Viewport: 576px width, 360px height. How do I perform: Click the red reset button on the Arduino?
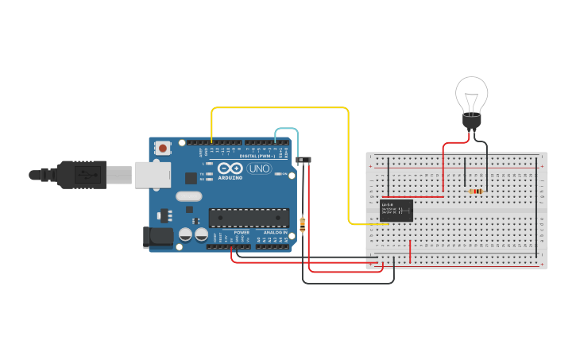163,147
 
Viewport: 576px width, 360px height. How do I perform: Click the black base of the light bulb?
472,122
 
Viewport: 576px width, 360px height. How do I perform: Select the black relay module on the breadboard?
396,211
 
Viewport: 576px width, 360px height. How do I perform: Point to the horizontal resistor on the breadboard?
476,191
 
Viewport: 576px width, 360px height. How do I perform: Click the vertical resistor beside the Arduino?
303,225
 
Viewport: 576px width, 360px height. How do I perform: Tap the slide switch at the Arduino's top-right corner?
303,160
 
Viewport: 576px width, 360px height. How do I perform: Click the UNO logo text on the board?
259,168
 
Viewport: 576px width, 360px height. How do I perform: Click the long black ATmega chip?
249,217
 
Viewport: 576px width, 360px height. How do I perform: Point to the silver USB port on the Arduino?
153,174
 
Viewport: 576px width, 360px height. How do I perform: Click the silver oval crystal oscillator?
189,196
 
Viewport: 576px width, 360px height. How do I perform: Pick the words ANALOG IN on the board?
275,232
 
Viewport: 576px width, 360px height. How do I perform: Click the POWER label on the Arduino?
242,232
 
